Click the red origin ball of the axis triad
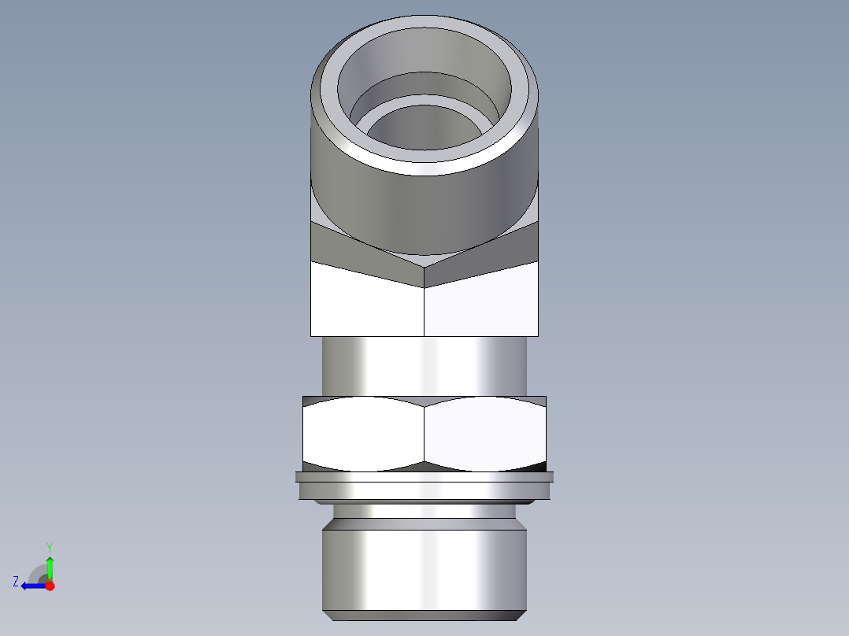pos(50,586)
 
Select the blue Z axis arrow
pos(32,586)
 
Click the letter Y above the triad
pos(49,546)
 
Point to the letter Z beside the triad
pos(16,582)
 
